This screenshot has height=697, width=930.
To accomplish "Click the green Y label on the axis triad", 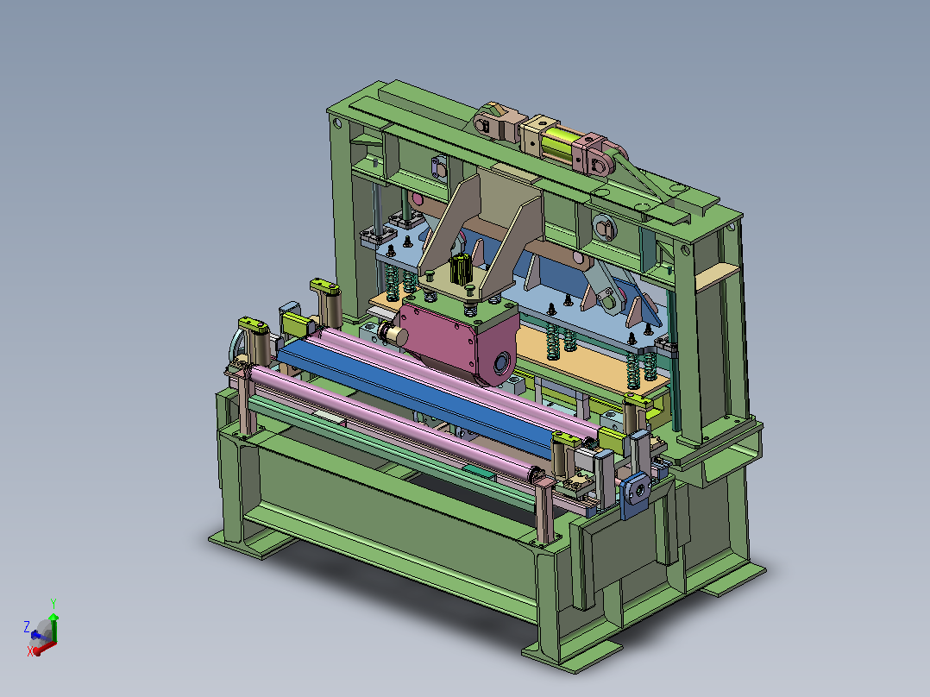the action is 53,604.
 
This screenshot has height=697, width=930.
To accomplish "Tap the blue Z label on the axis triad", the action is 27,626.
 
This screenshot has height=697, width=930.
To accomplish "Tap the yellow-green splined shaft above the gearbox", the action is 461,269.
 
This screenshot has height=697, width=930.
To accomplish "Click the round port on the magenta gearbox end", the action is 502,361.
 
